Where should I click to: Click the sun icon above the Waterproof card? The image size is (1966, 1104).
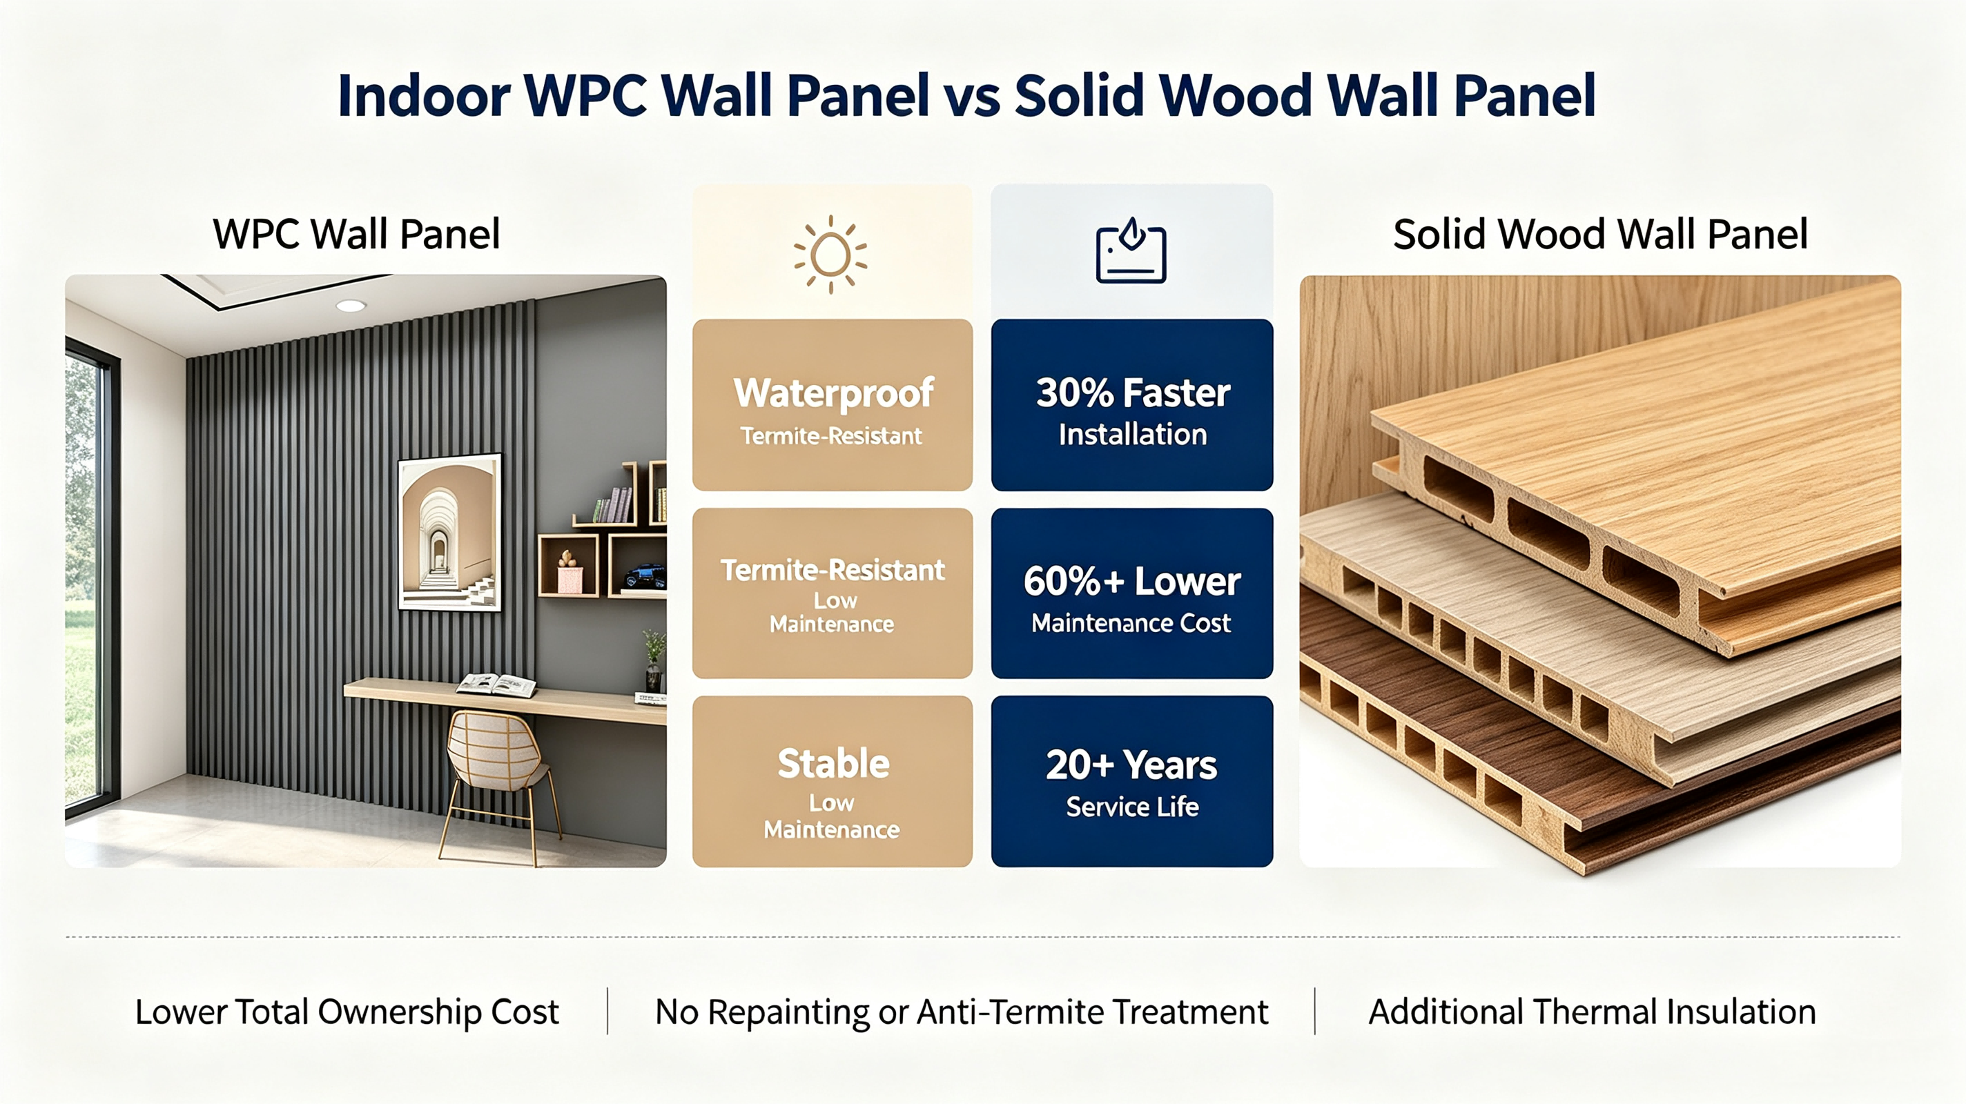pos(830,254)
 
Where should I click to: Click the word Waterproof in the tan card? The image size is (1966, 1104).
pos(833,393)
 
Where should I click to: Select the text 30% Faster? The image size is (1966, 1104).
pos(1133,393)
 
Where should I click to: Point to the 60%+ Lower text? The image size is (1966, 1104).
pos(1132,582)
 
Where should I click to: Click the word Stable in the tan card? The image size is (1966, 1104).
pos(833,764)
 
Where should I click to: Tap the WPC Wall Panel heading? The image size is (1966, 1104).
pos(356,233)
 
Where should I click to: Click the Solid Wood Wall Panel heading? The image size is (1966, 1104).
pos(1600,233)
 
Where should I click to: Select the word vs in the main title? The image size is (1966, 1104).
pos(971,98)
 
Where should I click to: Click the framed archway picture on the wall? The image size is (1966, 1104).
pos(450,532)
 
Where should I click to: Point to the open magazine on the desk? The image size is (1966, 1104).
pos(497,684)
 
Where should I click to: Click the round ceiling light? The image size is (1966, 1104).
pos(351,306)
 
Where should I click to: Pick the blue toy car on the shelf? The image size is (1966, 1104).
pos(645,576)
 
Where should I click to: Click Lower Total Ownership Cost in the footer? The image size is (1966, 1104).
pos(347,1012)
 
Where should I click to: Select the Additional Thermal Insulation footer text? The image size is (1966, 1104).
pos(1592,1012)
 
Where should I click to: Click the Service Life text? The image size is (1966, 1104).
pos(1133,807)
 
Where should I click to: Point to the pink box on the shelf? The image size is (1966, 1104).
pos(570,579)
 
